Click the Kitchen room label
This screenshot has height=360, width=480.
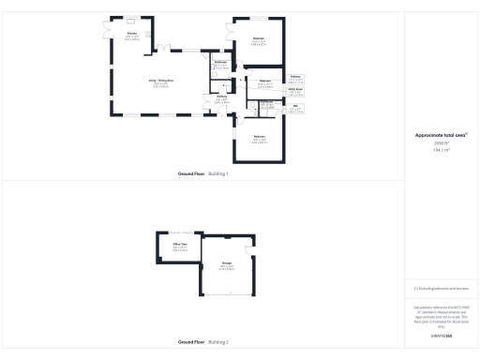coord(130,35)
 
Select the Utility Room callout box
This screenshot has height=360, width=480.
coord(296,91)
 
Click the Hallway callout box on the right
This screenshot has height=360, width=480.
coord(296,78)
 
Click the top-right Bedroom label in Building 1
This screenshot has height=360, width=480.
coord(258,39)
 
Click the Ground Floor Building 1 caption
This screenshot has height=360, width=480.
coord(202,174)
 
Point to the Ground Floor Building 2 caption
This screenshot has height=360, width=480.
coord(203,342)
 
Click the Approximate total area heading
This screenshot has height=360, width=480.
coord(442,135)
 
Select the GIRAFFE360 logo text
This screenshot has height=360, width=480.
coord(442,335)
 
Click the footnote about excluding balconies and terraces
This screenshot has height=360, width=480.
coord(442,289)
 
